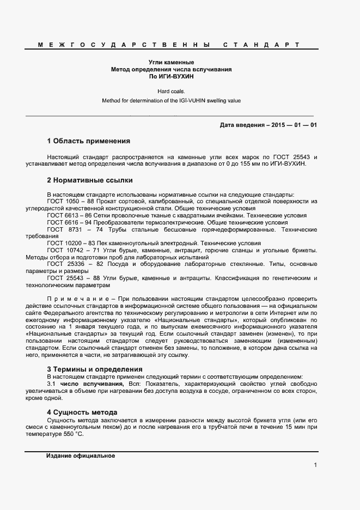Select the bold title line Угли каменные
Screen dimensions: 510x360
point(172,63)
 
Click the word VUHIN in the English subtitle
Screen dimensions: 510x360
point(193,101)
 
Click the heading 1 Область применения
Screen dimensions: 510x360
point(88,141)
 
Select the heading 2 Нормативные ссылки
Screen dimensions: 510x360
point(90,180)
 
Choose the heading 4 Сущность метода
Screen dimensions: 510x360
point(82,412)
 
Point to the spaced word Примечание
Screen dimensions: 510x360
point(77,300)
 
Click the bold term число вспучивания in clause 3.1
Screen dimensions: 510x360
point(92,385)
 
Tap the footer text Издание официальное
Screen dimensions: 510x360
point(80,456)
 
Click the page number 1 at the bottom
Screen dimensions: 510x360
point(315,465)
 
